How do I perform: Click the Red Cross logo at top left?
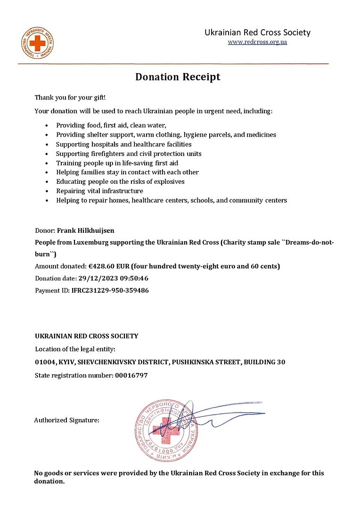click(37, 43)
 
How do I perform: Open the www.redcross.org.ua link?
click(257, 42)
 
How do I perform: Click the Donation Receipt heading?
click(178, 77)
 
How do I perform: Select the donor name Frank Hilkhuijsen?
click(86, 231)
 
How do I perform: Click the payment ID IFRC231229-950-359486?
click(110, 290)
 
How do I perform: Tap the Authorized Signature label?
click(66, 420)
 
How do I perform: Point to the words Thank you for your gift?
click(70, 98)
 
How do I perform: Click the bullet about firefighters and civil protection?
click(129, 154)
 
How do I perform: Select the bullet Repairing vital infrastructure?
click(99, 191)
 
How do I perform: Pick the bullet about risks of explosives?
click(120, 181)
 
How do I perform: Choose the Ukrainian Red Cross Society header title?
click(257, 33)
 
